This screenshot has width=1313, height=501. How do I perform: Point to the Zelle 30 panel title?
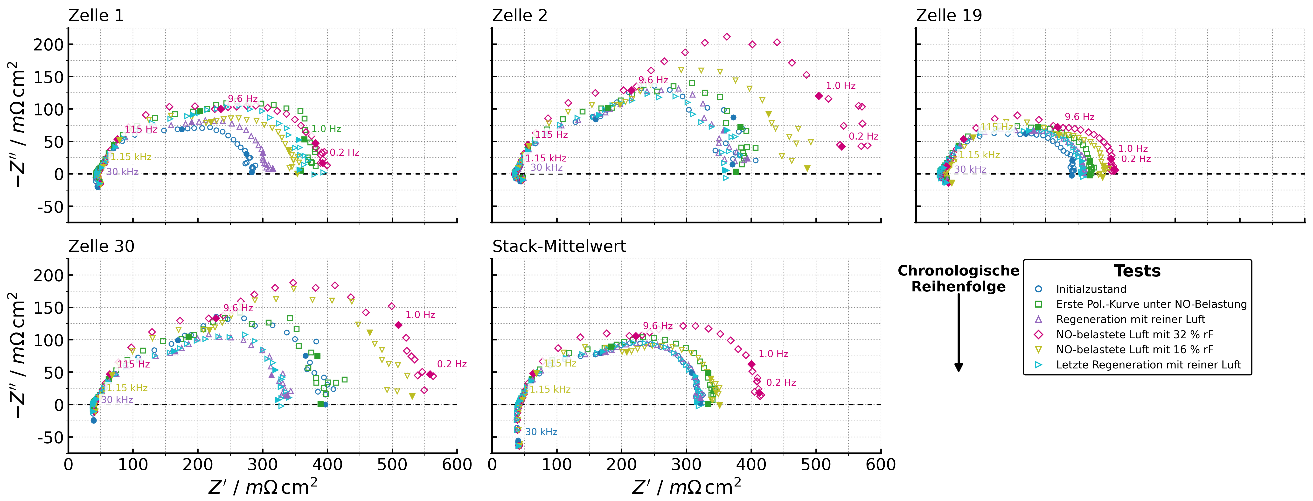101,247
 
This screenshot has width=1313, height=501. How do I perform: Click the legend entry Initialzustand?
1091,289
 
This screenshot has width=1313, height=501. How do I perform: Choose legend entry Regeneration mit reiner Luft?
1131,319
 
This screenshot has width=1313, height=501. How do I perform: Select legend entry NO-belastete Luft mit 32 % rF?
1135,335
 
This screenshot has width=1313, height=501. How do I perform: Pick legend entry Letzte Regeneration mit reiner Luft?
1148,365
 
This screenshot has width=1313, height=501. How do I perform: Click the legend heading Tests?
1137,271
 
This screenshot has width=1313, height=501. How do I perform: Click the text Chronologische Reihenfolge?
958,279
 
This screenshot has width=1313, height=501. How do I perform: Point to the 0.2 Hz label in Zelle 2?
863,137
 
